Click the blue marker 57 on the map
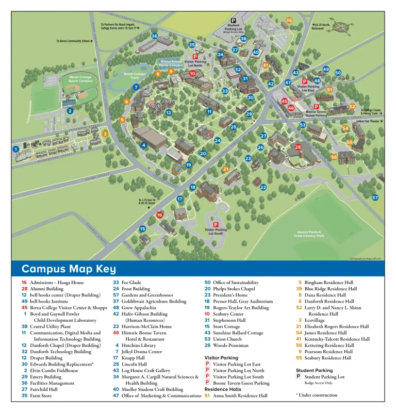(x=375, y=197)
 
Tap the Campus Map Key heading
(x=69, y=269)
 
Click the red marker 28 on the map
(x=298, y=147)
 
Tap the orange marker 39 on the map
(x=289, y=21)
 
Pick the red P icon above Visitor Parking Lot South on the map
(x=216, y=224)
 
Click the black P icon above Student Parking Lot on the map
(x=233, y=20)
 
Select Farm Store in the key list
(x=40, y=395)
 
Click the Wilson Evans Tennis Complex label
(x=171, y=63)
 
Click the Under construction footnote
(x=317, y=395)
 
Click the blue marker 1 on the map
(x=15, y=149)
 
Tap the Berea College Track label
(x=135, y=75)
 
